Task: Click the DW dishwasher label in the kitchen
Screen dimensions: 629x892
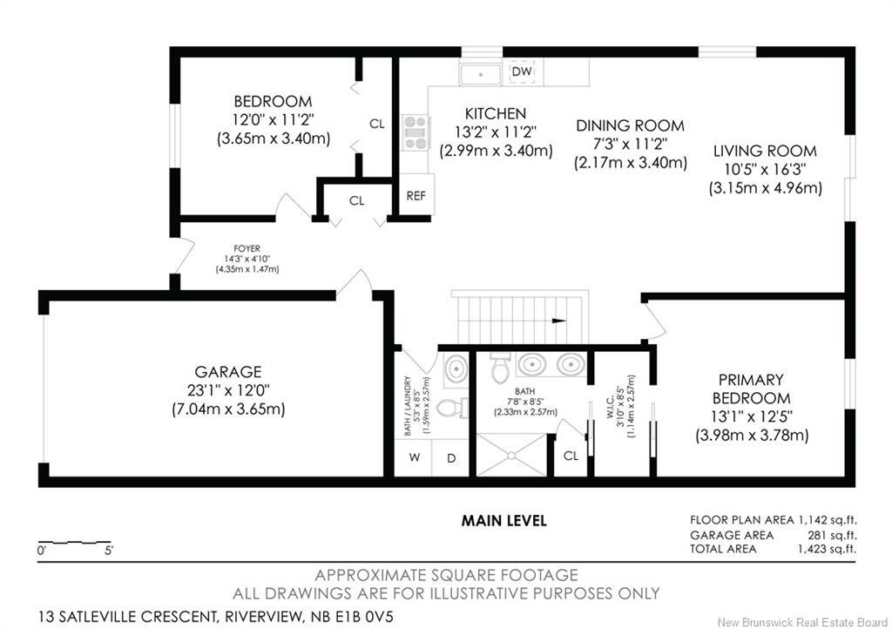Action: pos(521,71)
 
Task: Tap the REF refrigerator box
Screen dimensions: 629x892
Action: pos(416,195)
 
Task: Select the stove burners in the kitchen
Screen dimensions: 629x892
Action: pos(415,133)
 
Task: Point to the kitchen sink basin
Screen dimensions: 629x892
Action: pos(480,74)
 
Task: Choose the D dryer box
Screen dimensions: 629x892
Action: pos(451,458)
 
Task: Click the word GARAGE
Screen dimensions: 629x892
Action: pos(228,372)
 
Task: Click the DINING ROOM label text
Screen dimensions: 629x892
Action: pos(630,125)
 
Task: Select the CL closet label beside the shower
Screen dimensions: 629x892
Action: pos(570,456)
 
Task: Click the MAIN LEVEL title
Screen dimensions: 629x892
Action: pos(503,521)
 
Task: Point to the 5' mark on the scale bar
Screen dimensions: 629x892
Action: pos(108,551)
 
